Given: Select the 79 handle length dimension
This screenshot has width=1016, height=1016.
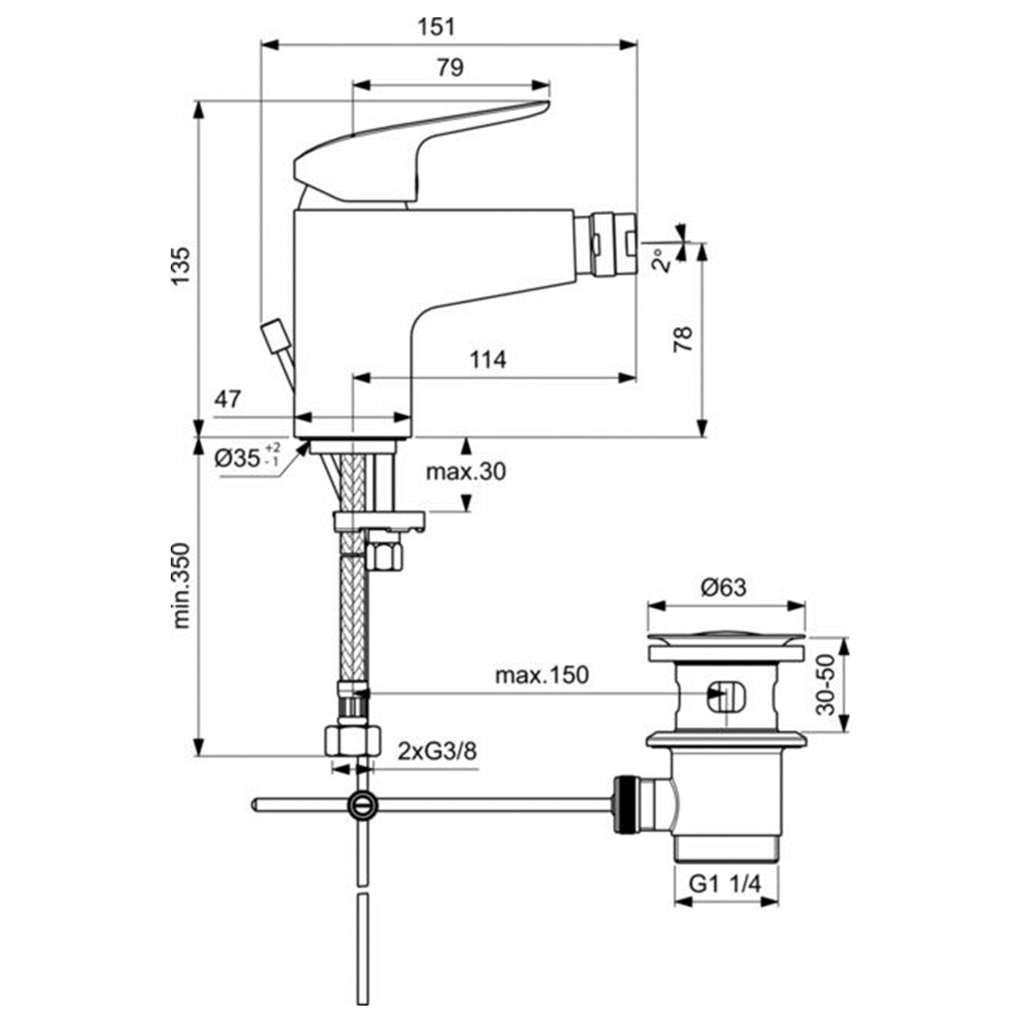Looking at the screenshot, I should coord(450,68).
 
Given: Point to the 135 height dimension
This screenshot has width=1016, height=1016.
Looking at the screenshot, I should coord(179,266).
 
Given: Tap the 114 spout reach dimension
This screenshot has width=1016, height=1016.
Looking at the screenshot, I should coord(488,359).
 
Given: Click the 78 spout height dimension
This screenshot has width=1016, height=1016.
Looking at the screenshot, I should coord(684,337).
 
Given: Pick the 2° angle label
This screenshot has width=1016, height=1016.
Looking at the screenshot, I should coord(662,260).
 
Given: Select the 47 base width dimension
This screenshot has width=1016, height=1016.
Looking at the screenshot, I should coord(228,400).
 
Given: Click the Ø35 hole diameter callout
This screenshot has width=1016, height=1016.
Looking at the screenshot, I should coord(246,456).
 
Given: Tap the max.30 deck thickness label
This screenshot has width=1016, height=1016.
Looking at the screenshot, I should coord(466,472).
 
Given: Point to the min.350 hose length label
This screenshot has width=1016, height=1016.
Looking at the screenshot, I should coord(180,585).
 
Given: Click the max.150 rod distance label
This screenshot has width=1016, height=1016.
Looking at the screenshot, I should coord(541,674).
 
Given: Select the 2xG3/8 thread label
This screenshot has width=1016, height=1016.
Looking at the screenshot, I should coord(437,750).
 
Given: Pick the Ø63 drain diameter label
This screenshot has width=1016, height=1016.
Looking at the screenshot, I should coord(723,587).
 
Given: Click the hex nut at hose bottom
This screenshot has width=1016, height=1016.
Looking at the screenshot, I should coord(352,741).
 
